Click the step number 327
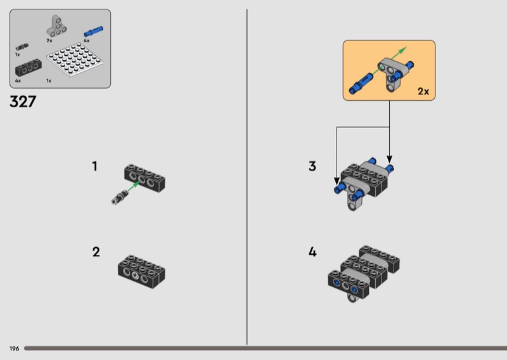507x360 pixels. pos(23,101)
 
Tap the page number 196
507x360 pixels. pos(14,349)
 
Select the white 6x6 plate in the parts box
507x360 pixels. pos(75,60)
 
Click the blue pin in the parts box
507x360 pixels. pos(93,32)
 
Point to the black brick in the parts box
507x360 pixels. pos(29,67)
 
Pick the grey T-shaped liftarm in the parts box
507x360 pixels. pos(56,26)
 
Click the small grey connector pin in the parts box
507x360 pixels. pos(22,47)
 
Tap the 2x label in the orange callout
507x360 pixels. pos(423,91)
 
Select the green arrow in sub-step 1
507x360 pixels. pos(133,186)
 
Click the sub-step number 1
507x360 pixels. pos(94,166)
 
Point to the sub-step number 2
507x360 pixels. pos(96,252)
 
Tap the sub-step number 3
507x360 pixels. pos(312,166)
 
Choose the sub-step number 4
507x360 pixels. pos(312,252)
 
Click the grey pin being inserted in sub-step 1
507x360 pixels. pos(120,197)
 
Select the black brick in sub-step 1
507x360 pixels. pos(145,178)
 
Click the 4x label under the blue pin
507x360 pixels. pos(87,41)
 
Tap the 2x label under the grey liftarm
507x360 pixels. pos(49,41)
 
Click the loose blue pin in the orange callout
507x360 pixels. pos(360,84)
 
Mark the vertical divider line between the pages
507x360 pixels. pos(247,177)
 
